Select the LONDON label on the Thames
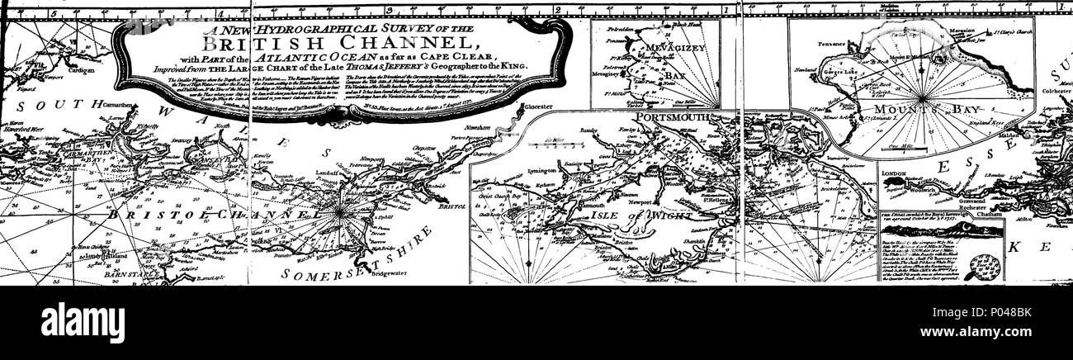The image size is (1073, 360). click(896, 174)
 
